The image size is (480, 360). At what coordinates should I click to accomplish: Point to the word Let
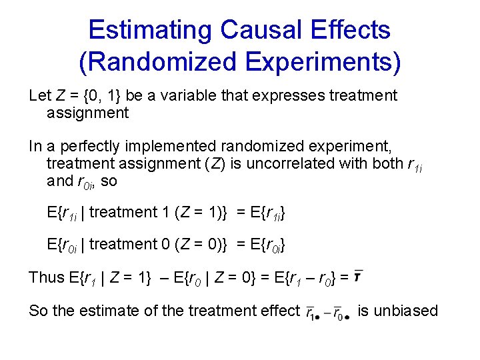(39, 96)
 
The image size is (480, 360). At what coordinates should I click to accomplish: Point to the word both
(387, 163)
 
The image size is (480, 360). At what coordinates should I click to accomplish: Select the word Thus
(45, 277)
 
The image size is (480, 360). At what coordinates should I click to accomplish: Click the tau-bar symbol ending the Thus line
(358, 276)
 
